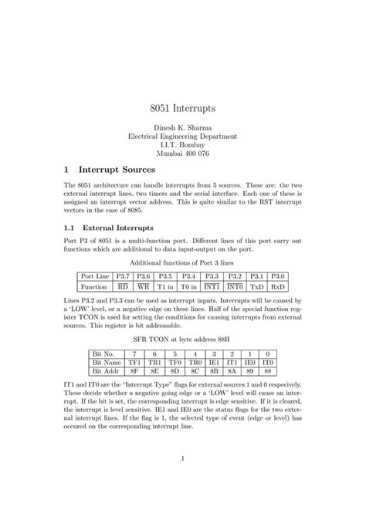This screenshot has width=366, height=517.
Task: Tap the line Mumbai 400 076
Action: pos(182,153)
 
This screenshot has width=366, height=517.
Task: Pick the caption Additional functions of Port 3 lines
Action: pos(182,262)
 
